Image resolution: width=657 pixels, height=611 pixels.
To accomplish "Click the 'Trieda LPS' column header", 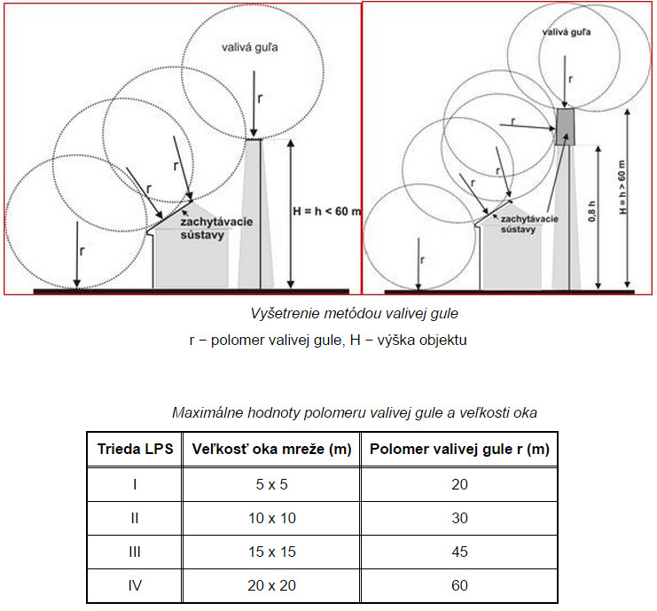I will tap(134, 450).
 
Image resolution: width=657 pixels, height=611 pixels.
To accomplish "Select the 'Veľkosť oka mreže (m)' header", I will tap(271, 450).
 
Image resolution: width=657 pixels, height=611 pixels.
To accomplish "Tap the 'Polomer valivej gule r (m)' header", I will tap(458, 450).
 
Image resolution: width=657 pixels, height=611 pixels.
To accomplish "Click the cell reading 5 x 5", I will tap(271, 484).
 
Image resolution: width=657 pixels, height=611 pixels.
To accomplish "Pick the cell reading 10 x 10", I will tap(271, 518).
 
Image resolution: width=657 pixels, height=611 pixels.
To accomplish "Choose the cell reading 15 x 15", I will tap(271, 552).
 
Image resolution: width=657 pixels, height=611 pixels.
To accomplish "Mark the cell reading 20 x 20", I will tap(271, 585).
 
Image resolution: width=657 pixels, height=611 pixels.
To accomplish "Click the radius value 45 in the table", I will tap(458, 552).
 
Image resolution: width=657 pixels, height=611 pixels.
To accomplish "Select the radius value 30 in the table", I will tap(458, 518).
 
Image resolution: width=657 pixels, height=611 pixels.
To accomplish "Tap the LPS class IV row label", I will tap(134, 585).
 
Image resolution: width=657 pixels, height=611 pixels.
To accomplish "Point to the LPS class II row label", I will tap(134, 518).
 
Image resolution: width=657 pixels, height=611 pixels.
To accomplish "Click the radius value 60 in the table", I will tap(458, 585).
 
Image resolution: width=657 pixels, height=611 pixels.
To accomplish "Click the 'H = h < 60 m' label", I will tap(325, 212).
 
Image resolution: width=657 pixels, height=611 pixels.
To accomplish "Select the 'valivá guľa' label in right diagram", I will tap(565, 32).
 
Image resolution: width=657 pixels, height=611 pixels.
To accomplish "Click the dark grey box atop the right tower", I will tap(565, 126).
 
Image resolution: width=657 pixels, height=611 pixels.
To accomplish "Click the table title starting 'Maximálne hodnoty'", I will tap(354, 412).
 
